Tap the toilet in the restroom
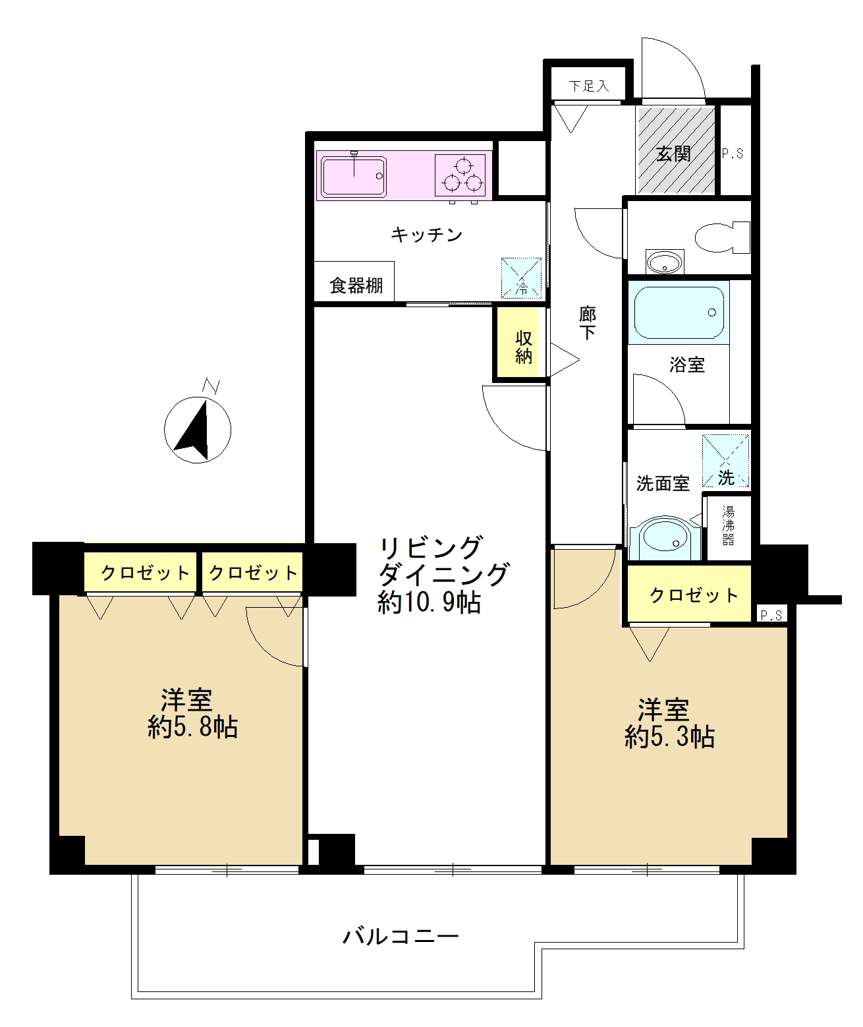point(722,237)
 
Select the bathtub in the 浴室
point(679,313)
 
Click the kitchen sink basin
point(354,176)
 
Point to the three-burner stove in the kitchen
point(460,175)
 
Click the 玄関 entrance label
point(673,154)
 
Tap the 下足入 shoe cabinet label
point(588,86)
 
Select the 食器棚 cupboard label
point(356,285)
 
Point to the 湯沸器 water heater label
point(728,526)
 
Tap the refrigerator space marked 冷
point(520,278)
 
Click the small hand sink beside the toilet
point(664,262)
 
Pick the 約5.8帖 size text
point(193,728)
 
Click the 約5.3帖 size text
point(670,737)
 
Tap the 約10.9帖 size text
point(430,602)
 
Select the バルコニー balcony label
point(401,937)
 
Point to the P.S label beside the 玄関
point(732,154)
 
